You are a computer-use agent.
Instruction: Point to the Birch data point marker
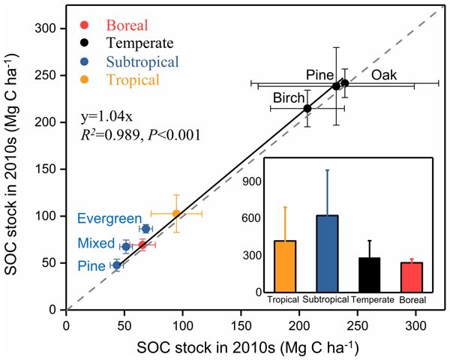[x=307, y=109]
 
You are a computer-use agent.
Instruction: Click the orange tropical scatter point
[x=176, y=213]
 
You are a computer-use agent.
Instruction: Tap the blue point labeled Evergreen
[x=146, y=229]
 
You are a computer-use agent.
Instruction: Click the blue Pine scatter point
[x=116, y=265]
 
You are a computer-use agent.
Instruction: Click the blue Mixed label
[x=94, y=244]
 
